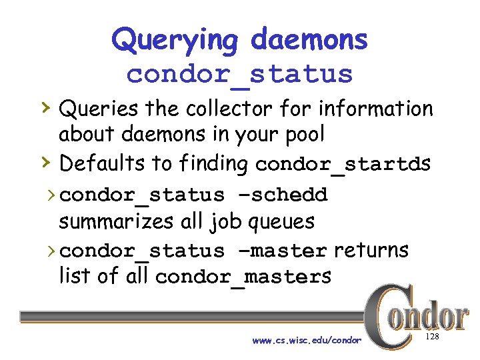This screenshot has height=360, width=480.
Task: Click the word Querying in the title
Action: click(x=174, y=40)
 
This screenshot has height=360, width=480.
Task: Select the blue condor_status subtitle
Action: click(x=239, y=74)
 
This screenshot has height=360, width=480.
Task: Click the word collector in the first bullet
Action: click(x=216, y=108)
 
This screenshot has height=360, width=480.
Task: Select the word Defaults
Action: click(x=103, y=163)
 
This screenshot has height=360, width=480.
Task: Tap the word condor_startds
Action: click(x=343, y=164)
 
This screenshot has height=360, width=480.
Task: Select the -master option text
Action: click(x=280, y=251)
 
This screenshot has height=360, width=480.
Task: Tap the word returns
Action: click(x=371, y=250)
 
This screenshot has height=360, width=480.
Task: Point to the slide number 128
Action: click(x=432, y=337)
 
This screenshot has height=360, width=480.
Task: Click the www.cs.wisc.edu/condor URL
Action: click(x=307, y=340)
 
